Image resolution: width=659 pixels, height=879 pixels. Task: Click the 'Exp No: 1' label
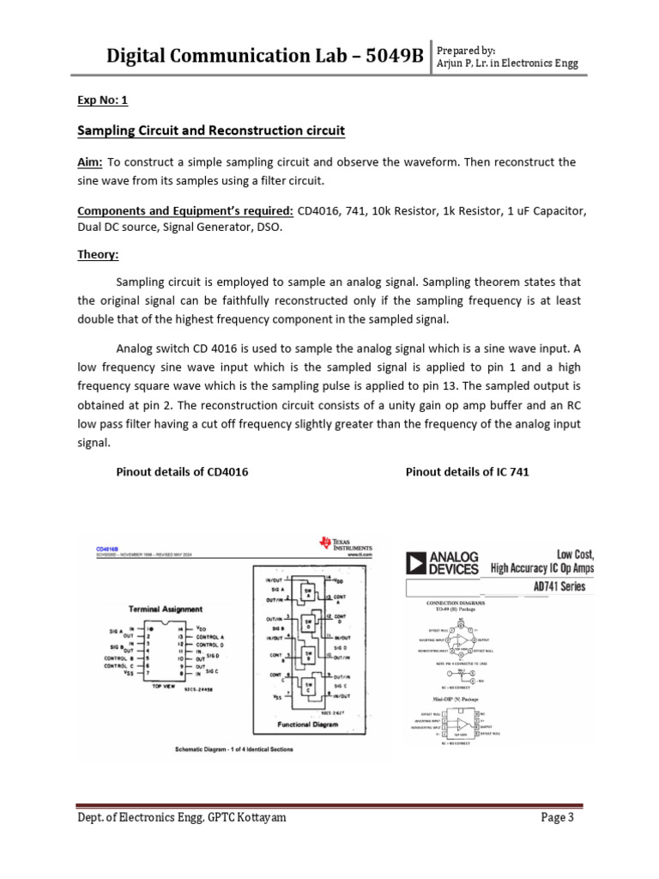(102, 100)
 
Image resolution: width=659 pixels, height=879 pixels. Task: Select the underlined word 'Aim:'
(90, 162)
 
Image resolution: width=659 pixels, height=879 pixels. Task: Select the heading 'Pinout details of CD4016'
(182, 473)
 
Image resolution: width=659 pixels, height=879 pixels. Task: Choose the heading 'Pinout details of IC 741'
(464, 473)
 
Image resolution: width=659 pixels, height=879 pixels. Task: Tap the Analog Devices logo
(442, 562)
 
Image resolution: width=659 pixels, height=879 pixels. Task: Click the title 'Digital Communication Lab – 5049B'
(264, 57)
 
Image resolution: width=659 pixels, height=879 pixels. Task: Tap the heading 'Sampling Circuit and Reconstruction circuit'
(211, 131)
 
